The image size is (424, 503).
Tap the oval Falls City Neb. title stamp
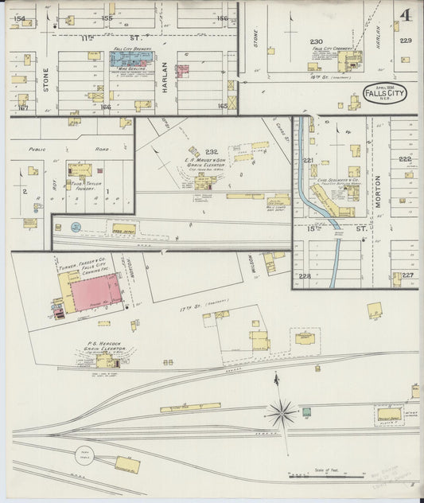(x=385, y=93)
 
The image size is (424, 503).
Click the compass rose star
(x=280, y=412)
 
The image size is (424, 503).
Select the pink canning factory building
(x=95, y=292)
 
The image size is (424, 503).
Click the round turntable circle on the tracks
(x=85, y=456)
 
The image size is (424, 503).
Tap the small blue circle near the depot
(x=76, y=227)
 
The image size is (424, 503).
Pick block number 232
(x=211, y=151)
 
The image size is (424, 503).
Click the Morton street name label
(x=378, y=191)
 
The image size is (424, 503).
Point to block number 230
(x=316, y=41)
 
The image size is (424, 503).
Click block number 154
(x=19, y=18)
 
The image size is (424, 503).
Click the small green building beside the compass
(x=305, y=412)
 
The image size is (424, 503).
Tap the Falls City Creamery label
(x=332, y=49)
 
